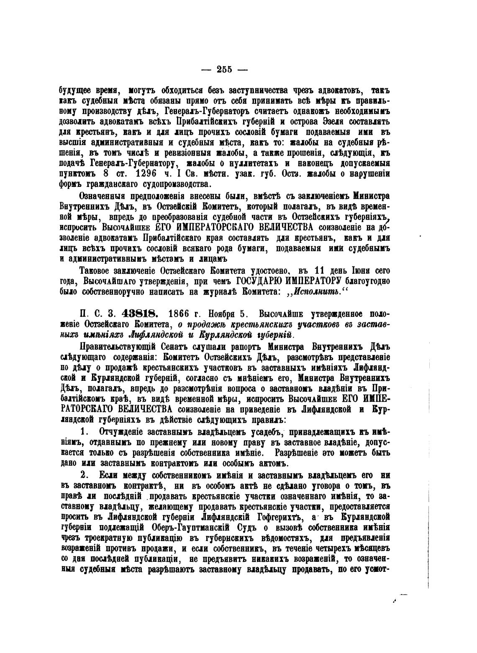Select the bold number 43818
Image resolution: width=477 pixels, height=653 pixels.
click(139, 314)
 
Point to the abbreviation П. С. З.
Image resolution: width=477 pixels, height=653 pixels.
click(100, 314)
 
